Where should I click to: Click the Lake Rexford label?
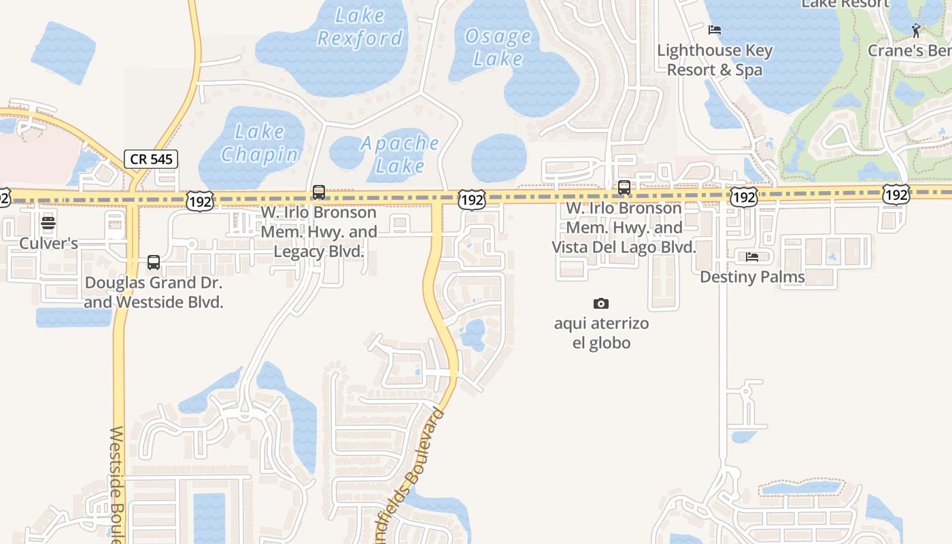pyautogui.click(x=360, y=27)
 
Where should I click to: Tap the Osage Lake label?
pyautogui.click(x=498, y=47)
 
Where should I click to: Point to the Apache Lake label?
pyautogui.click(x=399, y=154)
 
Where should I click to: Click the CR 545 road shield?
pyautogui.click(x=151, y=159)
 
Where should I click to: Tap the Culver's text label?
pyautogui.click(x=48, y=243)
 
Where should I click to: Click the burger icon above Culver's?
pyautogui.click(x=48, y=223)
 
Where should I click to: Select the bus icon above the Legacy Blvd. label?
pyautogui.click(x=319, y=192)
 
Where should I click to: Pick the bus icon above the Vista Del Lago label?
pyautogui.click(x=624, y=188)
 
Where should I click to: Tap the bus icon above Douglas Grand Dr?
pyautogui.click(x=154, y=262)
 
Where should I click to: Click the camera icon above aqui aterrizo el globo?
pyautogui.click(x=600, y=303)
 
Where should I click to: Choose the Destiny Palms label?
pyautogui.click(x=752, y=277)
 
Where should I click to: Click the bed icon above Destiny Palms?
pyautogui.click(x=752, y=257)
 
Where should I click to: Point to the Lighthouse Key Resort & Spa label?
pyautogui.click(x=715, y=60)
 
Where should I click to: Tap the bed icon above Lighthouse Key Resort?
pyautogui.click(x=714, y=30)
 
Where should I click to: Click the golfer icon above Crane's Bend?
pyautogui.click(x=916, y=30)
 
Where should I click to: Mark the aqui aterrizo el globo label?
pyautogui.click(x=601, y=333)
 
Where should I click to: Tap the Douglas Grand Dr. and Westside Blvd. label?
pyautogui.click(x=154, y=292)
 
